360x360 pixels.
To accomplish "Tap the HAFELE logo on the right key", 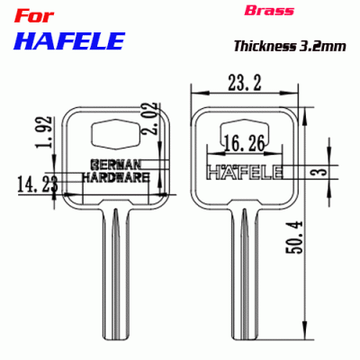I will [245, 171].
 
